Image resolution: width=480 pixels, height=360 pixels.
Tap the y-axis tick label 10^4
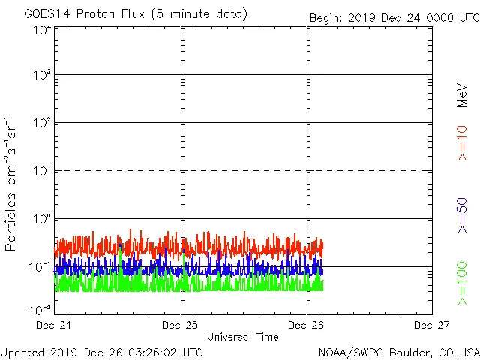point(42,31)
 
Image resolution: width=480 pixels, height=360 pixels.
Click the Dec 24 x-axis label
point(54,325)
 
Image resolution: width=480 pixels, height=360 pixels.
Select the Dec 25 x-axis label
point(180,325)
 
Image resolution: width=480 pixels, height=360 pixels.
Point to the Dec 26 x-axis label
point(306,325)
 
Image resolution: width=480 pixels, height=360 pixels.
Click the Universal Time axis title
point(243,337)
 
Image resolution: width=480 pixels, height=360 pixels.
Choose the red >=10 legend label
point(463,142)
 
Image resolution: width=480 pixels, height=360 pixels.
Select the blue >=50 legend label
point(463,214)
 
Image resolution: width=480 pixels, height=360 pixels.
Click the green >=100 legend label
point(463,283)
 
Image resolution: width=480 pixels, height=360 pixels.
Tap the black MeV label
point(463,94)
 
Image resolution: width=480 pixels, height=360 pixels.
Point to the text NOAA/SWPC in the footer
point(348,352)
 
